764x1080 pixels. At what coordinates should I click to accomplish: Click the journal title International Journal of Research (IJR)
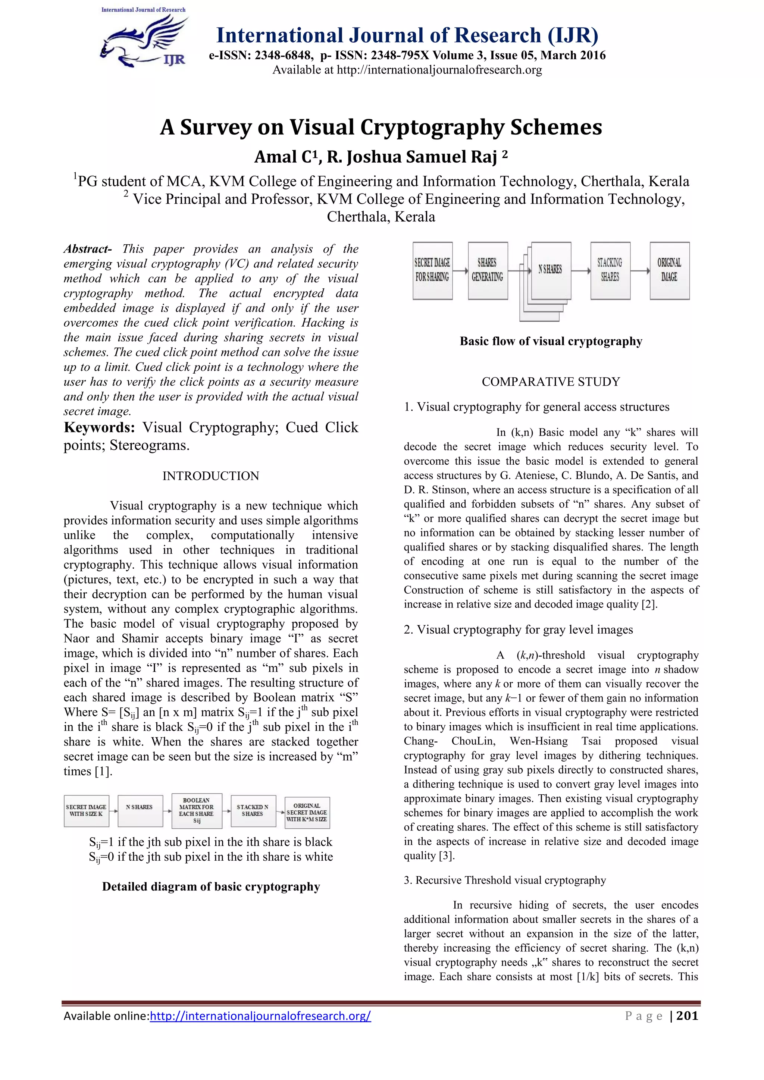point(407,36)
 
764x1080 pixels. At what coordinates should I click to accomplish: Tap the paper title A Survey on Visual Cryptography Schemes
point(381,127)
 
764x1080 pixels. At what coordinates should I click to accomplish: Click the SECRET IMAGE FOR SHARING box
point(432,270)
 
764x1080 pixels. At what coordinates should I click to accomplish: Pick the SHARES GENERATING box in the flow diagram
point(487,270)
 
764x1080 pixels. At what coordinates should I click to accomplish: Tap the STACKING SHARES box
point(610,270)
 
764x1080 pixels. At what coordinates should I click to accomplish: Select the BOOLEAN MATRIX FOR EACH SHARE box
point(197,810)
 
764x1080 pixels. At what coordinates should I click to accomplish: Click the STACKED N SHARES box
point(253,810)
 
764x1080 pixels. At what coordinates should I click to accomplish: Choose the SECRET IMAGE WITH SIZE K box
point(86,810)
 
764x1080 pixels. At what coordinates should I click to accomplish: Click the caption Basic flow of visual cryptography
point(550,341)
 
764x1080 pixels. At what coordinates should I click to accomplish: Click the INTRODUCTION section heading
point(211,475)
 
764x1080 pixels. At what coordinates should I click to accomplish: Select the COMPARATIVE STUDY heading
point(550,382)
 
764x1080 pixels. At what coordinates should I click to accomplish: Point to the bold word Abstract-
point(88,249)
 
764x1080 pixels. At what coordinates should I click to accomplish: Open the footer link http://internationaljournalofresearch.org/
point(260,1015)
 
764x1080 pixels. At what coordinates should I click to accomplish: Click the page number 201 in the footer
point(687,1015)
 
